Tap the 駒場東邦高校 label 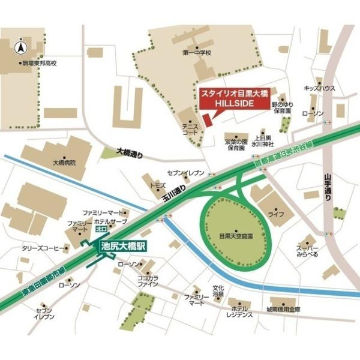[x=39, y=62]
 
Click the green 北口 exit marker [x=100, y=229]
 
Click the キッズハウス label [x=319, y=88]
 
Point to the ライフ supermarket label [x=275, y=214]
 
